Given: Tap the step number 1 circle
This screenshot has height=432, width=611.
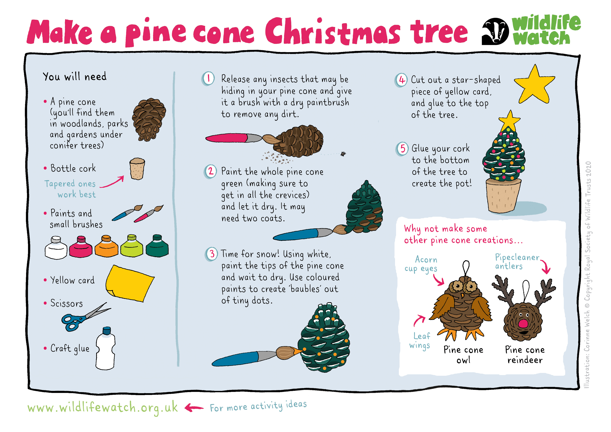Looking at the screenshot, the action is click(x=208, y=79).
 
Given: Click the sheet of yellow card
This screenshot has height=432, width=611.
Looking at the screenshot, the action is click(x=130, y=283).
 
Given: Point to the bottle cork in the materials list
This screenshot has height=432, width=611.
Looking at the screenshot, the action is click(x=137, y=169).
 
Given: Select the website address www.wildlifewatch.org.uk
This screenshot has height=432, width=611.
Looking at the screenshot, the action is click(x=102, y=407).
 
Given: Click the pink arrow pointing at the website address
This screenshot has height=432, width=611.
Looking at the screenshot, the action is click(x=194, y=407).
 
